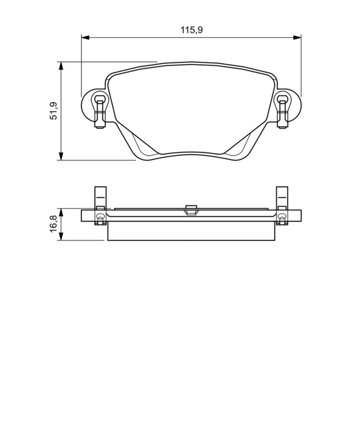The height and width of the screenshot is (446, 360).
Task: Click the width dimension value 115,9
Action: (191, 30)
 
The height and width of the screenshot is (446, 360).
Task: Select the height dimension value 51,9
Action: (53, 111)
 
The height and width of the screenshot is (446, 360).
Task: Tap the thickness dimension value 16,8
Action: (53, 225)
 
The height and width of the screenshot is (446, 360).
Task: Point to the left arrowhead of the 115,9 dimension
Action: (85, 37)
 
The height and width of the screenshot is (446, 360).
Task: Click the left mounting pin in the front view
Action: (99, 109)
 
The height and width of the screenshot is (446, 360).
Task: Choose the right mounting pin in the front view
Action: (283, 109)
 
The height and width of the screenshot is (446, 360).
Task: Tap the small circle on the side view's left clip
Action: (100, 216)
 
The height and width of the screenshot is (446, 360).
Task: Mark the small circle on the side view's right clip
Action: (282, 216)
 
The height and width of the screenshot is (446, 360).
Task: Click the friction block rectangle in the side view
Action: (191, 231)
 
